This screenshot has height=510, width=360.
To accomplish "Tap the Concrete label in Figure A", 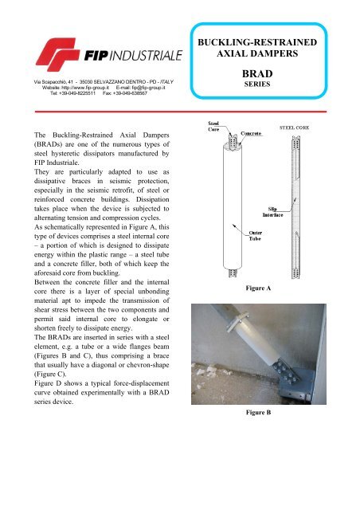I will click(255, 126).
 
